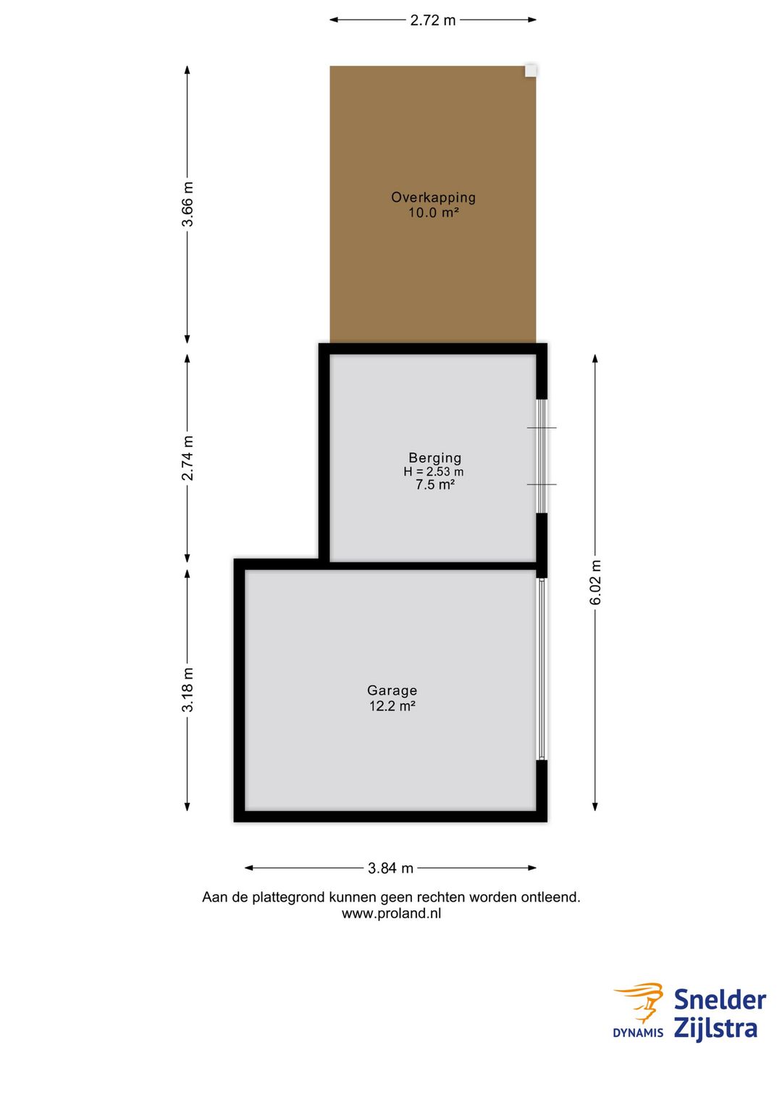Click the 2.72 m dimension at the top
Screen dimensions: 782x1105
coord(433,20)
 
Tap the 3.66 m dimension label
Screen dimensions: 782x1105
coord(188,203)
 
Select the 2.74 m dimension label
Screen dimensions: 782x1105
coord(188,458)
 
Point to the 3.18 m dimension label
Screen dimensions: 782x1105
coord(188,689)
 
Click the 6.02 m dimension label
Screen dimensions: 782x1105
coord(595,582)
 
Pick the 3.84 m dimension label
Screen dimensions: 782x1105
coord(390,867)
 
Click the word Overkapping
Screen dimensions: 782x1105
coord(433,197)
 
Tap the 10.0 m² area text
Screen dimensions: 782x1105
coord(433,213)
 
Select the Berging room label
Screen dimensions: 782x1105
coord(434,458)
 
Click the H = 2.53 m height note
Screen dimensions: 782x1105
coord(433,471)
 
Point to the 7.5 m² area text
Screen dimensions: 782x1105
coord(434,484)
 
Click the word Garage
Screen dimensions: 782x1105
coord(392,690)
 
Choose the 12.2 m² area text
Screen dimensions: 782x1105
coord(392,706)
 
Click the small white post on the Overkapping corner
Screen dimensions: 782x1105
coord(530,70)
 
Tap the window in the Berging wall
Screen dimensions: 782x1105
coord(542,455)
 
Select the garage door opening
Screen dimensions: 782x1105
coord(542,669)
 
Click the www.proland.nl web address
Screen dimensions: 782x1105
coord(391,913)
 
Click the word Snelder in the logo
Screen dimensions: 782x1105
coord(720,999)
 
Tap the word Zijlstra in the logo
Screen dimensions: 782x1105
coord(715,1028)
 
